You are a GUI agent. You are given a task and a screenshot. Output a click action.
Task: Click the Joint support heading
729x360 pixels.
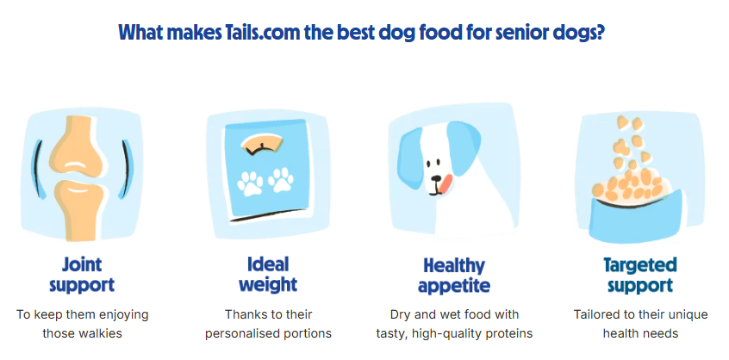tap(82, 276)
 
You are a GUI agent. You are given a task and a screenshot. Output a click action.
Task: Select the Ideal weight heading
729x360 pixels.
tap(268, 275)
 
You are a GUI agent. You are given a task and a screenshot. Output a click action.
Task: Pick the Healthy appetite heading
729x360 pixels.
tap(454, 276)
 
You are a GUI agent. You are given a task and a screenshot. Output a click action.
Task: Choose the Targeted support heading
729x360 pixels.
tap(640, 276)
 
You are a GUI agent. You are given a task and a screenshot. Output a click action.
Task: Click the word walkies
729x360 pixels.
tap(101, 333)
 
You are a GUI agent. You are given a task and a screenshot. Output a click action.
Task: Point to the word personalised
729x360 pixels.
tap(246, 333)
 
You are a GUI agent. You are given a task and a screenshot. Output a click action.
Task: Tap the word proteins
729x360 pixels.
tap(510, 333)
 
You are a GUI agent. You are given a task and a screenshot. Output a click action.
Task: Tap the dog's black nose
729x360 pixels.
tap(436, 178)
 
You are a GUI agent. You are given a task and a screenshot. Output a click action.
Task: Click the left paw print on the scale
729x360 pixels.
tap(250, 183)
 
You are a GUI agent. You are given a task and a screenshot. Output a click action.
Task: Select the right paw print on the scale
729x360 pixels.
tap(281, 180)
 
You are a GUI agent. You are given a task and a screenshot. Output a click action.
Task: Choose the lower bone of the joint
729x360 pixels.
tap(78, 208)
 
